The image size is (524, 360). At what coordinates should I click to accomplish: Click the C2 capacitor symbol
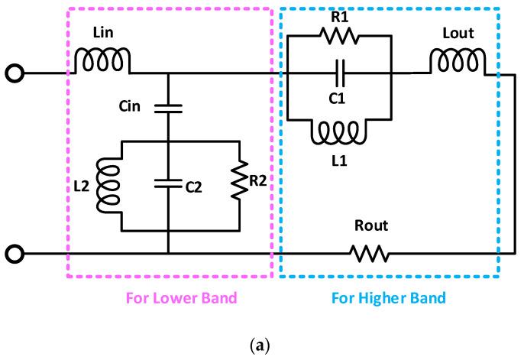167,183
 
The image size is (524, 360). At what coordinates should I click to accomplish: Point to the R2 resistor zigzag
240,183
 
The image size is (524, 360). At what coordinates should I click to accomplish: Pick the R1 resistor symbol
337,37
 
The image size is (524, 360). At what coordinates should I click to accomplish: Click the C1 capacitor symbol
337,73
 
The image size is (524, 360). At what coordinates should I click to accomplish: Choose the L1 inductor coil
337,133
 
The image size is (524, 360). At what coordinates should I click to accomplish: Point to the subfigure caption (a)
261,346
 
